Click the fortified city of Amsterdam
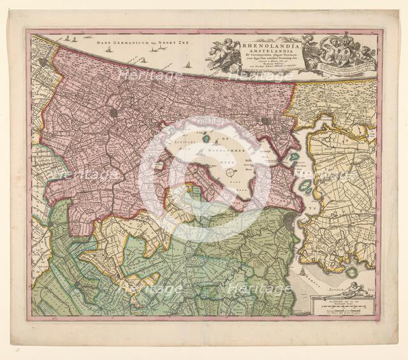coord(291,221)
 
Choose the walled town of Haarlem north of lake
coord(113,112)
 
